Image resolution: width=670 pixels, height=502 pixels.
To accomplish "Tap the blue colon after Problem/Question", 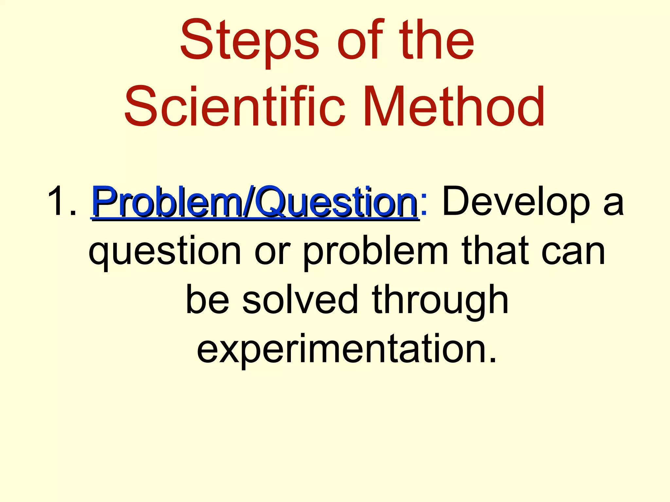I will [x=424, y=204].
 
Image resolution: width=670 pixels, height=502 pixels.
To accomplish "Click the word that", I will [x=495, y=250].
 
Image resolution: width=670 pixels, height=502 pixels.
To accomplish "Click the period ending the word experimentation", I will [x=492, y=360].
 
